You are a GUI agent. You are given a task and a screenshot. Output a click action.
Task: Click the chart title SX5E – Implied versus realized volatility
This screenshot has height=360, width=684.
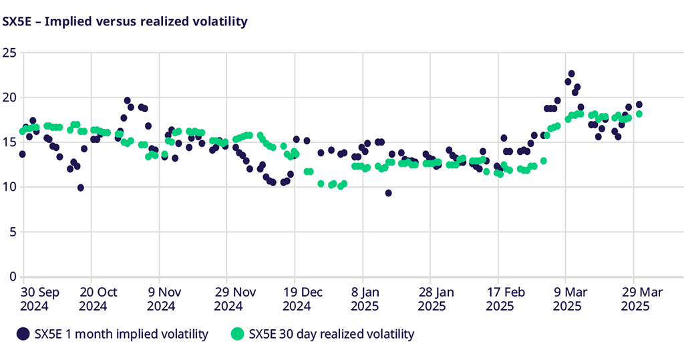tap(125, 21)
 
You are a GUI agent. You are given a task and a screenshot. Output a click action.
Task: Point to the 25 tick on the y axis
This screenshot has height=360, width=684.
tap(9, 53)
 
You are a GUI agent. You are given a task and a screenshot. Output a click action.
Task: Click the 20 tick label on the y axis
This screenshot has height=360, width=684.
tap(9, 98)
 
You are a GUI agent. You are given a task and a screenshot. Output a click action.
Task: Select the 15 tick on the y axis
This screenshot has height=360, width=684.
tap(9, 142)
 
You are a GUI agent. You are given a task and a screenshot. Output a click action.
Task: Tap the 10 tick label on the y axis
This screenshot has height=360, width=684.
tap(9, 187)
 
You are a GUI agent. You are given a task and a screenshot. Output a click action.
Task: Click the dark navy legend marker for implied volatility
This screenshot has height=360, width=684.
tap(24, 334)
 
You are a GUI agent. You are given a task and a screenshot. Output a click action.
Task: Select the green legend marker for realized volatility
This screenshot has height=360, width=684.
tap(237, 334)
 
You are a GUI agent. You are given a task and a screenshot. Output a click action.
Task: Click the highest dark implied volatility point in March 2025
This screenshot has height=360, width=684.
tap(571, 73)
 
